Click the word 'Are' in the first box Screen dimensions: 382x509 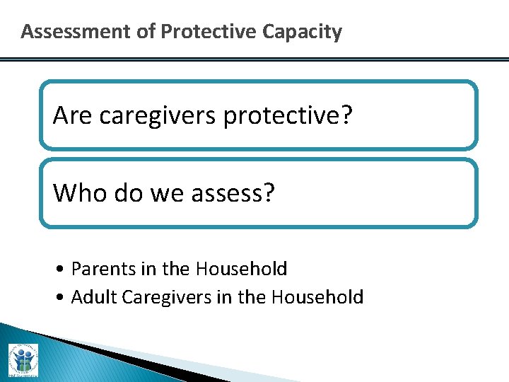[x=73, y=115]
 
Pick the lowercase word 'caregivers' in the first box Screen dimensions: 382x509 [x=158, y=115]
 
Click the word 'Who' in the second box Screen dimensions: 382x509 [x=78, y=192]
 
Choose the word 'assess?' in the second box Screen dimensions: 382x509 [x=236, y=193]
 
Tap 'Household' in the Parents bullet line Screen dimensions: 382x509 [x=241, y=270]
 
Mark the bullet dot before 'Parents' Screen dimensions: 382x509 [x=64, y=270]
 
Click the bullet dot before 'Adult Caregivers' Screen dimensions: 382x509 [x=64, y=298]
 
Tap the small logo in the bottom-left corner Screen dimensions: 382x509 [x=23, y=360]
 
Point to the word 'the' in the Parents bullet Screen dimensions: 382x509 [x=176, y=270]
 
